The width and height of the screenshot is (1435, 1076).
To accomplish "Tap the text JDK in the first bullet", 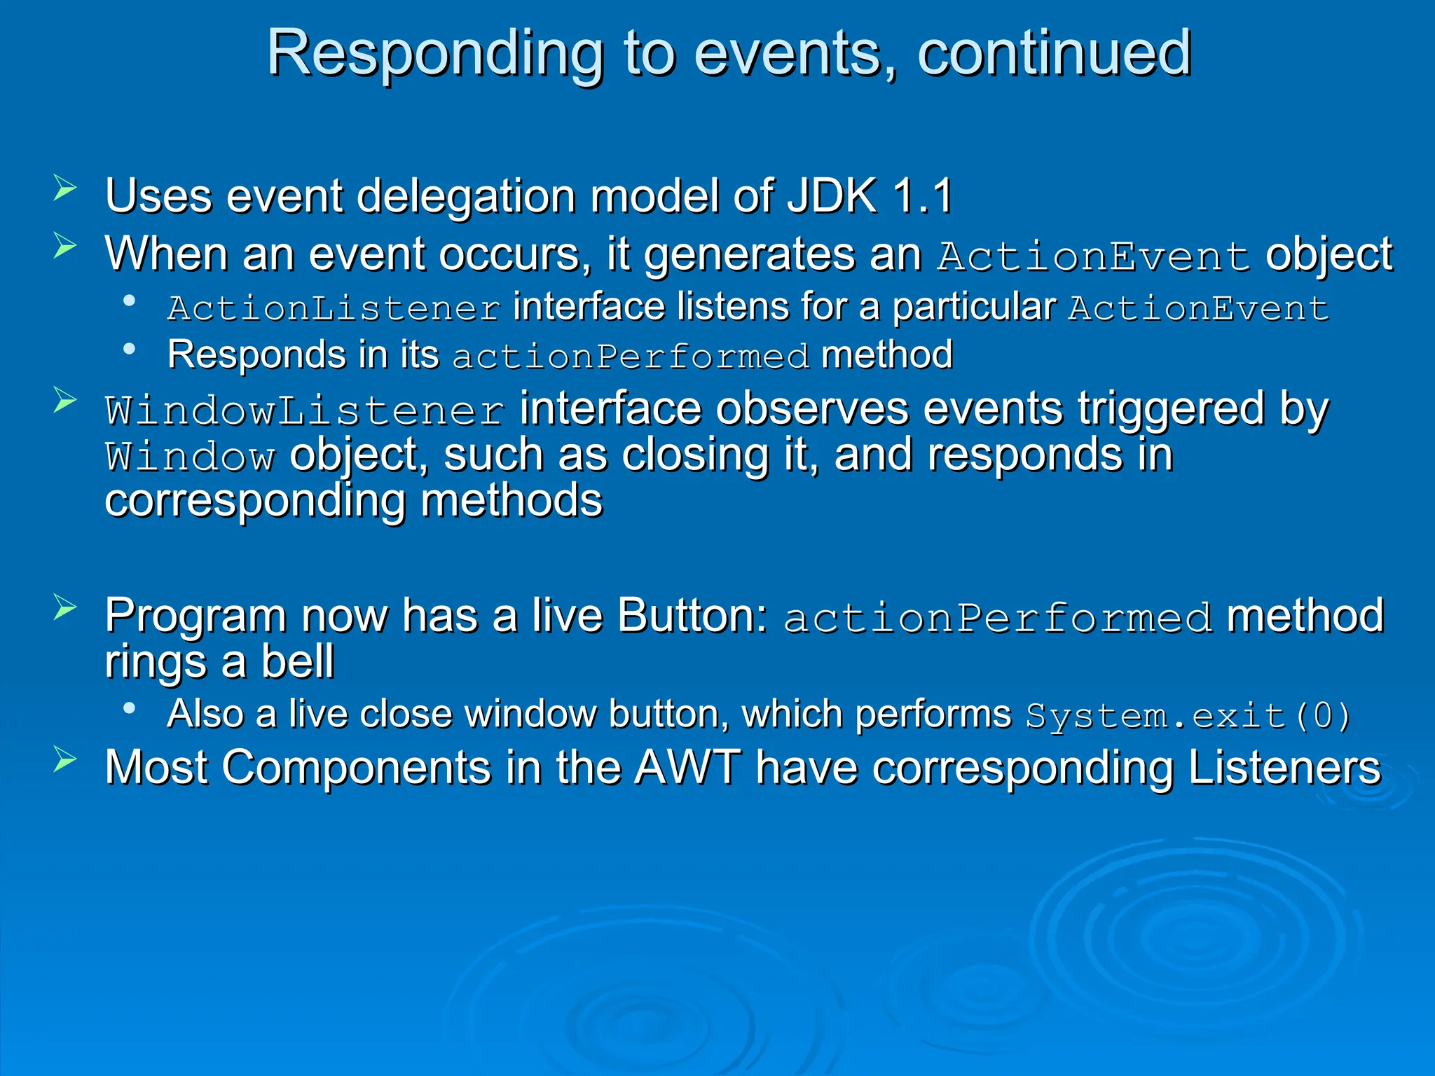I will point(832,195).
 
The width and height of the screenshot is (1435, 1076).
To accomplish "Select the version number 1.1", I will point(923,195).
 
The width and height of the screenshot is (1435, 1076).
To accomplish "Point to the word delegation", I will point(467,195).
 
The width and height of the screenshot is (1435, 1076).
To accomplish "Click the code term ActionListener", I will point(334,308).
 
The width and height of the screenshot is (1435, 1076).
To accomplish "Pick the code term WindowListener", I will point(305,411).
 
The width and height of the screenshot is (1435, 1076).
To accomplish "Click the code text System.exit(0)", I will point(1188,716).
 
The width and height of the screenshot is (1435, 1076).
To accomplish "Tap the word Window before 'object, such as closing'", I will point(190,457).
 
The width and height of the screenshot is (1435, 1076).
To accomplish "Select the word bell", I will point(298,661).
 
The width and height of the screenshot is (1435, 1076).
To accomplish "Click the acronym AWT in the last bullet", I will point(687,768).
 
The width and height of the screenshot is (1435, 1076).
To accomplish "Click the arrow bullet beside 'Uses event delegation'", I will point(64,188).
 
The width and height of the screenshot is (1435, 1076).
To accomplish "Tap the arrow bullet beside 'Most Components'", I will point(64,760).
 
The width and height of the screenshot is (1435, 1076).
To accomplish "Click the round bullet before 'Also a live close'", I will point(129,708).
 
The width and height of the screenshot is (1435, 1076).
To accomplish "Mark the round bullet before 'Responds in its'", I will point(129,348).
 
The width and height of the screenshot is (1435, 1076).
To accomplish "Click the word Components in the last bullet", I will point(357,768).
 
